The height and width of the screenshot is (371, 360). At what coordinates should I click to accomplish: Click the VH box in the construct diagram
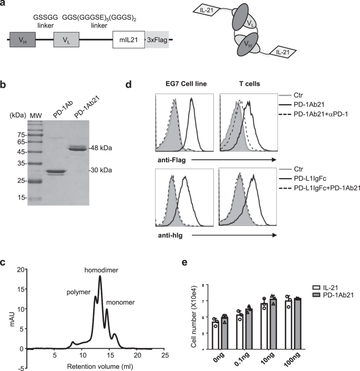[22, 39]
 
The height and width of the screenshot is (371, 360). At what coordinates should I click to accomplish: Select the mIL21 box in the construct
[128, 39]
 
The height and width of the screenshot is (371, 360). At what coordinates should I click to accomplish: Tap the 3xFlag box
[156, 39]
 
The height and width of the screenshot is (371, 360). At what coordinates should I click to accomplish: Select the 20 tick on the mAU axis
[20, 269]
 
